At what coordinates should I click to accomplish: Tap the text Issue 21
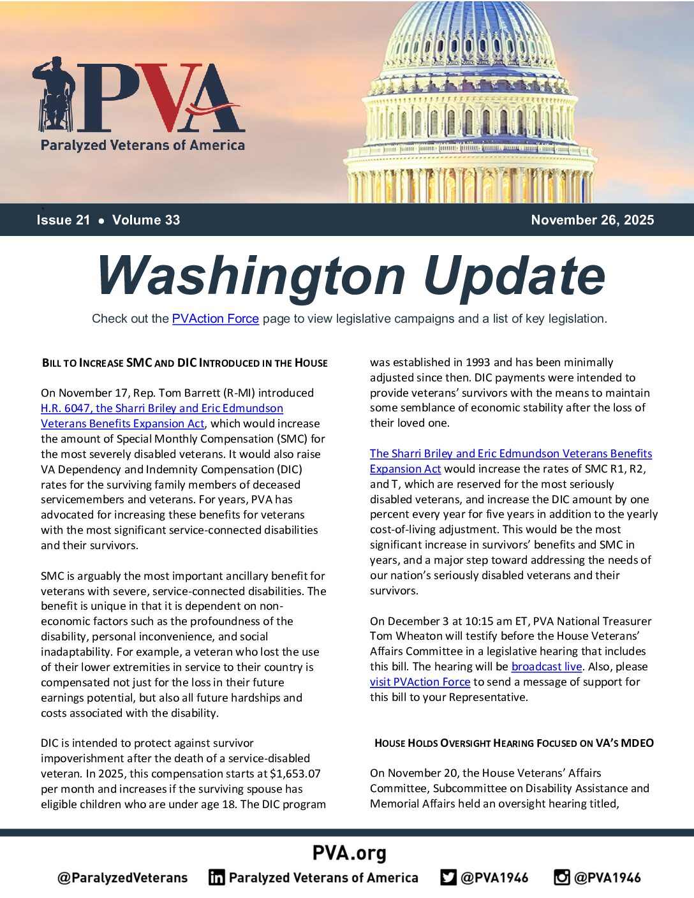63,220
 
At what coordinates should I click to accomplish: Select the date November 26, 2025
592,220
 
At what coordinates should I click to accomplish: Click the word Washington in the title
251,276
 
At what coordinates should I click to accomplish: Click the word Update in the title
513,276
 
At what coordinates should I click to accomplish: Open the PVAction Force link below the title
215,318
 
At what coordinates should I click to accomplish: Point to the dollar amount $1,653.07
295,774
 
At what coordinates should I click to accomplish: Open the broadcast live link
547,666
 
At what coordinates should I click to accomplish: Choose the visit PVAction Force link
420,682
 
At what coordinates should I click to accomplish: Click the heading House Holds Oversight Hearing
513,743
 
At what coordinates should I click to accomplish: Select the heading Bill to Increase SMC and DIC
184,363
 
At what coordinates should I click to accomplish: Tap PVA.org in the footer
349,853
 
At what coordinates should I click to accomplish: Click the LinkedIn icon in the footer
216,878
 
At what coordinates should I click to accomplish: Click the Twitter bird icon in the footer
448,878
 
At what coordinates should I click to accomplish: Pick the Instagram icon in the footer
561,878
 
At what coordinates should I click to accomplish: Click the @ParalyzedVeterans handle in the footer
122,878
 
